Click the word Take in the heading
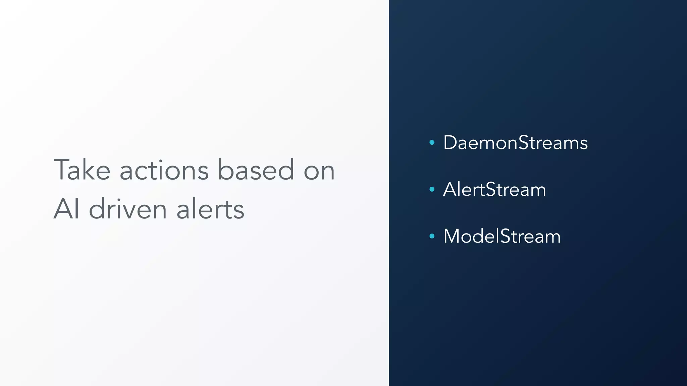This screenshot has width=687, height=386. [x=82, y=170]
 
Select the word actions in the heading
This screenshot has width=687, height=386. [x=164, y=170]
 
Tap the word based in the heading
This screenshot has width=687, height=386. [x=256, y=170]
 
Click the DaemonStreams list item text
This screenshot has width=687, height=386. [x=515, y=143]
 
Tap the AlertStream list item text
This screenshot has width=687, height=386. [x=494, y=189]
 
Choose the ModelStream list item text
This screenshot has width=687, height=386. [x=502, y=236]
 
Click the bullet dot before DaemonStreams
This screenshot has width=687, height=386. [x=432, y=143]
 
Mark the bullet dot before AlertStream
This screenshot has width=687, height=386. [x=432, y=189]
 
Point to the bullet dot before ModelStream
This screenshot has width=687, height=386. [x=432, y=236]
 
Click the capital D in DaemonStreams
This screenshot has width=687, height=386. [x=450, y=143]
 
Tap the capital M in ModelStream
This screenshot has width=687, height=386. [x=453, y=236]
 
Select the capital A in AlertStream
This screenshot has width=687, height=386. [x=450, y=189]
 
